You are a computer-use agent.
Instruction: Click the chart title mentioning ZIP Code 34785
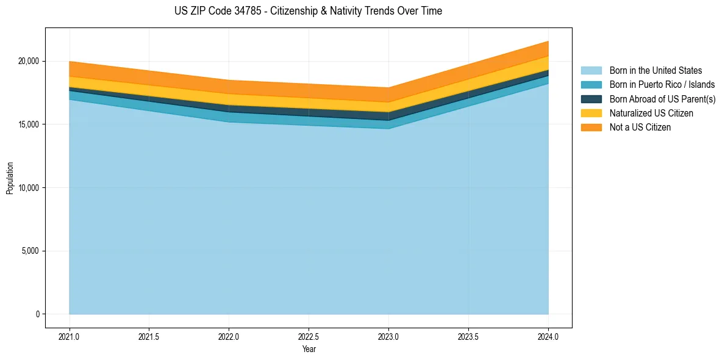(308, 11)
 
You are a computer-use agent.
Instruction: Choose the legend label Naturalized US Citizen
(651, 113)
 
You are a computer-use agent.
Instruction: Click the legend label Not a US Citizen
(640, 128)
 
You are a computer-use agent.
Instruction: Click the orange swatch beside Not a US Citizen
(591, 128)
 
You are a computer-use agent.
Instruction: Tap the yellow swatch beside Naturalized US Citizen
(591, 113)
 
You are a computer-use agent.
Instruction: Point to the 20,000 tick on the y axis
(29, 61)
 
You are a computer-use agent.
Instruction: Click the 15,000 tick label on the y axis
(29, 124)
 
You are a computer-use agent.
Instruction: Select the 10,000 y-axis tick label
(29, 188)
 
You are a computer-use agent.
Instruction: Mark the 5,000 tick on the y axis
(30, 251)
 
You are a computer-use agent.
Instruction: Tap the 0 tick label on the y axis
(37, 314)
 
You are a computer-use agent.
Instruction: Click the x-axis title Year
(309, 349)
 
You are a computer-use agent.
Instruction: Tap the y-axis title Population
(10, 178)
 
